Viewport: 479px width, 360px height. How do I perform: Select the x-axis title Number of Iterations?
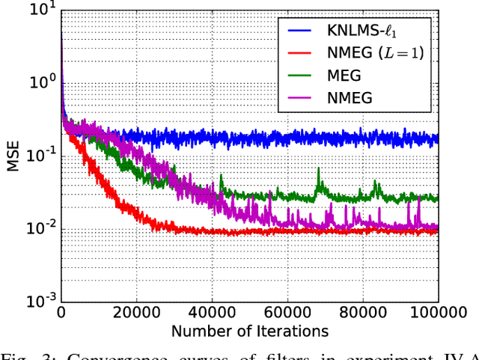click(x=249, y=330)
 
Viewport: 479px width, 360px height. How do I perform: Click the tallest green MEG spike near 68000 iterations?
click(x=318, y=171)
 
